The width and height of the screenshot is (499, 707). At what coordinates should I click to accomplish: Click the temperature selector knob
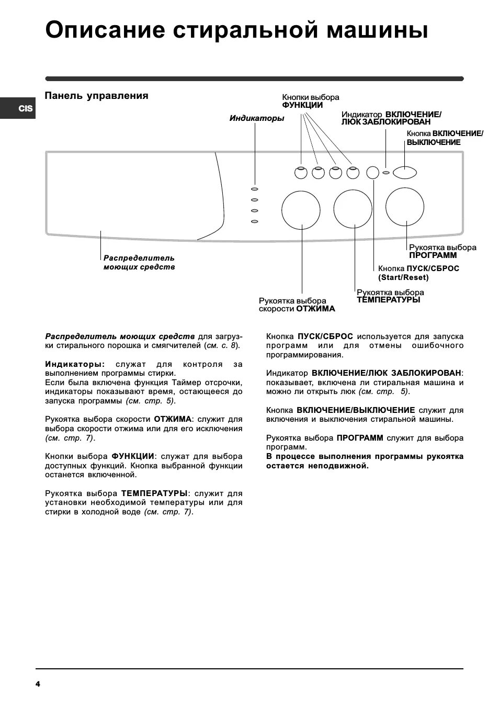tap(353, 209)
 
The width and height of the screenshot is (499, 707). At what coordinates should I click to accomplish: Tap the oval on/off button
tap(405, 172)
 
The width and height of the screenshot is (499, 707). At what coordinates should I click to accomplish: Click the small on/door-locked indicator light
tap(386, 173)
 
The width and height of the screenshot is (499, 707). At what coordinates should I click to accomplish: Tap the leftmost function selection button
tap(301, 172)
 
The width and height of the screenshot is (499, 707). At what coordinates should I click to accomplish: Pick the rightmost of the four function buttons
tap(353, 172)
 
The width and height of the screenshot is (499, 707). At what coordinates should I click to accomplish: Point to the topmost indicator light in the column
tap(255, 189)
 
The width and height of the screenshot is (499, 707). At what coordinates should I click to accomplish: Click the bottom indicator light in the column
tap(255, 221)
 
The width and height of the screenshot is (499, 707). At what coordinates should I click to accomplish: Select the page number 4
tap(38, 684)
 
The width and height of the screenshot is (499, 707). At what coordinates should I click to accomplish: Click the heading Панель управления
tap(97, 96)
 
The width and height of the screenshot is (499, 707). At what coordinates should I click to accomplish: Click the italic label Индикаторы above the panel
tap(257, 118)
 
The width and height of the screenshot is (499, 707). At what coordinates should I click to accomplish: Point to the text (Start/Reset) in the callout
tap(403, 277)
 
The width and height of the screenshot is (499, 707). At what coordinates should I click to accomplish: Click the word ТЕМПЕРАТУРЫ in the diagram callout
tap(389, 300)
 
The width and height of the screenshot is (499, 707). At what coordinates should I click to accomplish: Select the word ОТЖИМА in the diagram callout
tap(316, 309)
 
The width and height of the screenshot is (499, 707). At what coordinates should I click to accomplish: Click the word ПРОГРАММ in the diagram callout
tap(433, 255)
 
